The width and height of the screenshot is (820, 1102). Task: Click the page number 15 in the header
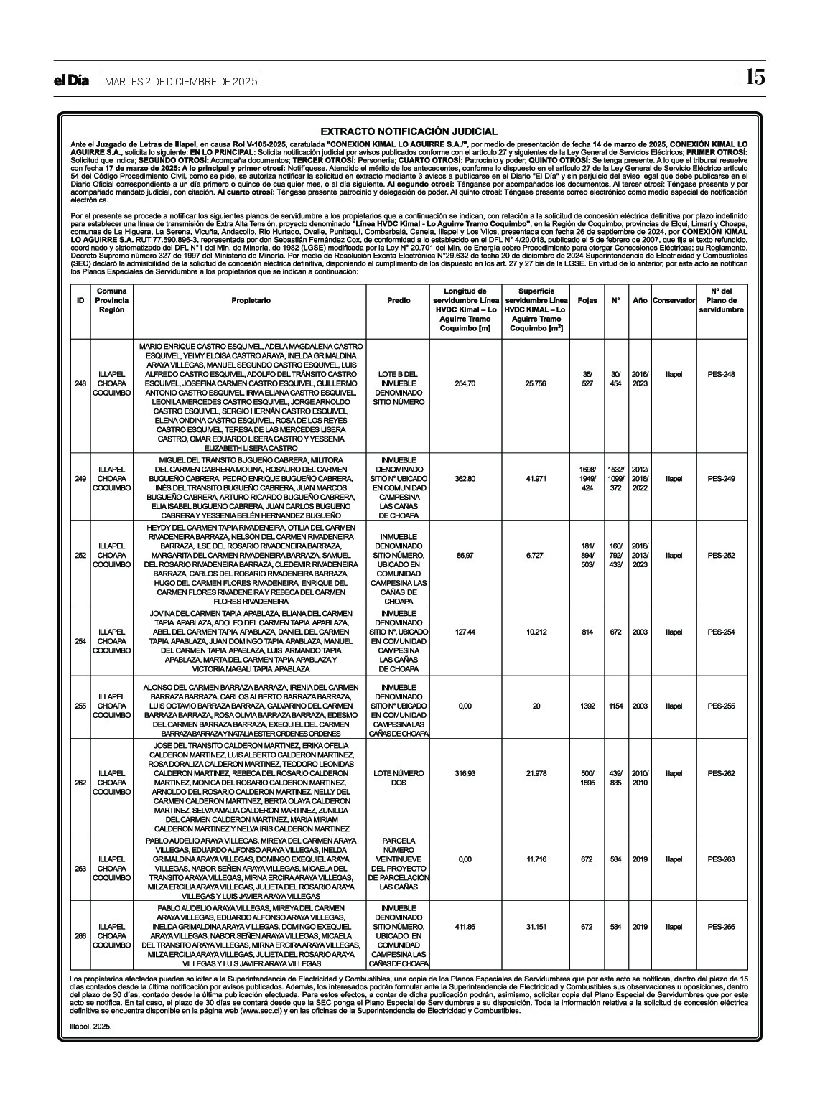(755, 78)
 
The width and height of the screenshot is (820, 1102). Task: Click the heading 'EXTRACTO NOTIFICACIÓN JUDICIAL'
(409, 131)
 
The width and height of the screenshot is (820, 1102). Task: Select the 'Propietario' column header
(251, 300)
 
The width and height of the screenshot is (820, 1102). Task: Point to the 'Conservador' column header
(674, 300)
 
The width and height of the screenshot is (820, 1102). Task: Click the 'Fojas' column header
(587, 300)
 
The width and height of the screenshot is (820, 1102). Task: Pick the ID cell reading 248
(80, 383)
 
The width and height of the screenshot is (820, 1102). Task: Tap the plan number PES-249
(721, 479)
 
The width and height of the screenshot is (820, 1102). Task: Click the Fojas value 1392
(587, 706)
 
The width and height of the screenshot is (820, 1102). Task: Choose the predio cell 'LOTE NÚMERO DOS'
(399, 778)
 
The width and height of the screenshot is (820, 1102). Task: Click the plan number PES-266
(721, 927)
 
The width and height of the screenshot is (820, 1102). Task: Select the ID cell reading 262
(80, 783)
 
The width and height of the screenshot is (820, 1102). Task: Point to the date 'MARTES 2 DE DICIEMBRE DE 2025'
(180, 81)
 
